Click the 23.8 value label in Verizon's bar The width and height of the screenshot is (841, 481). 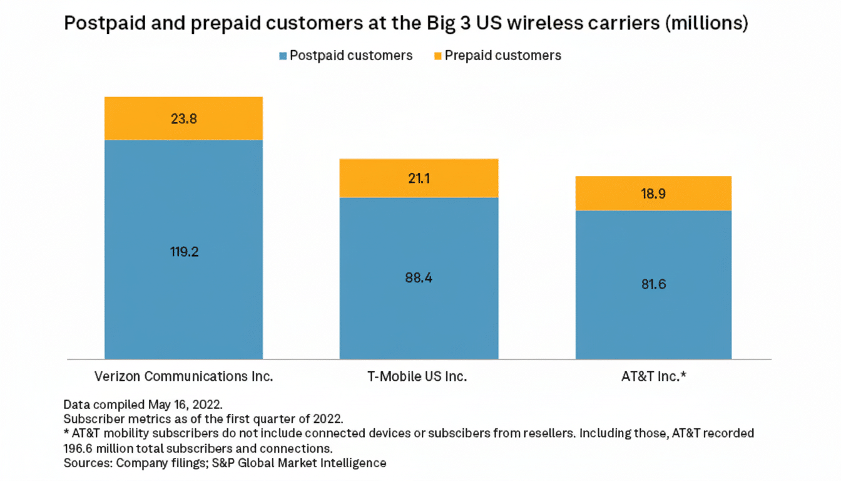183,119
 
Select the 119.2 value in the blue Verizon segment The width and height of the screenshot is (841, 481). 183,252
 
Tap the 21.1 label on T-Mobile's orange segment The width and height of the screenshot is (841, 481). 418,178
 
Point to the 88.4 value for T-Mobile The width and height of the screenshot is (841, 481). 418,277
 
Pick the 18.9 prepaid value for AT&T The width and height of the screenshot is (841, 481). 653,194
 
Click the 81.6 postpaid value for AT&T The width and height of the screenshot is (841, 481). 653,284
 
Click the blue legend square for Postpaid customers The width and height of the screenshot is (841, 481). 283,56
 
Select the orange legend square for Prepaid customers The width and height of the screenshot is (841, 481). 438,56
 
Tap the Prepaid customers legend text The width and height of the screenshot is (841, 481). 502,56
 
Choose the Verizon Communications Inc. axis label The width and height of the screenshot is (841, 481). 183,377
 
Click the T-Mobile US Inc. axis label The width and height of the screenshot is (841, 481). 418,377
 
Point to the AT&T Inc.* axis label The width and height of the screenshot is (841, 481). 653,377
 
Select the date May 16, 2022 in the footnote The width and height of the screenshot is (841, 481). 185,404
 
